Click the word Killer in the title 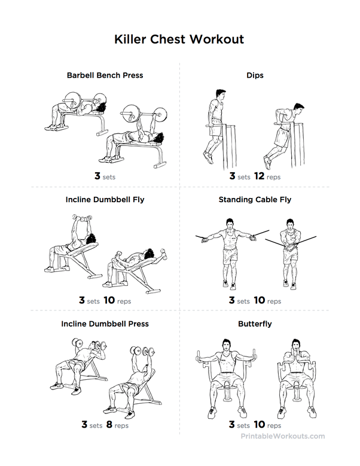(x=130, y=39)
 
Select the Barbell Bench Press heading (x=105, y=75)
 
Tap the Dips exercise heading (x=255, y=75)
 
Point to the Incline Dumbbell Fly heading (x=105, y=199)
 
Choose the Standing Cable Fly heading (x=255, y=199)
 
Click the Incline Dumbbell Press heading (x=105, y=324)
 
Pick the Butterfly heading (x=255, y=324)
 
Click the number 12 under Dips (x=259, y=176)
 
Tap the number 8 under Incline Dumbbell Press (x=109, y=424)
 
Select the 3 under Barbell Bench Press (x=97, y=176)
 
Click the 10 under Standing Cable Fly (x=260, y=300)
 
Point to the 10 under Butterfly (x=260, y=424)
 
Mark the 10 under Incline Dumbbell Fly (x=109, y=300)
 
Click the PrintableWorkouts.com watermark (x=283, y=436)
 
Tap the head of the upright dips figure (x=221, y=95)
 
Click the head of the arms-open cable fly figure (x=229, y=224)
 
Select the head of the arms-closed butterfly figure (x=295, y=345)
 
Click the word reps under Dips (x=273, y=178)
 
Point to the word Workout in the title (x=217, y=39)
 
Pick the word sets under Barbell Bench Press (x=109, y=178)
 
